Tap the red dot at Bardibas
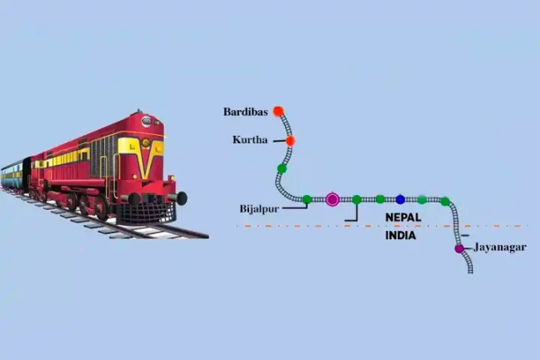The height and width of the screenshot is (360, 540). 278,111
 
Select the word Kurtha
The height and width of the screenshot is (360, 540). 250,140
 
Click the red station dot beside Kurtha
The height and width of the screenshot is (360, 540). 290,141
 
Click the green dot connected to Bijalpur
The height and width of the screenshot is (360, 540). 307,199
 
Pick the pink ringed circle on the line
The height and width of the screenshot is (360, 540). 332,199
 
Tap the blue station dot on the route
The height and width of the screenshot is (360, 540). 401,199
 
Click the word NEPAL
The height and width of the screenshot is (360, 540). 404,217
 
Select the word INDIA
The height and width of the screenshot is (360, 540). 400,236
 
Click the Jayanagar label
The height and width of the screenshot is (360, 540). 499,247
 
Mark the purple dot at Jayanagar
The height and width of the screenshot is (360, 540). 459,248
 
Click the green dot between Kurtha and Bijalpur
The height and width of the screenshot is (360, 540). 282,168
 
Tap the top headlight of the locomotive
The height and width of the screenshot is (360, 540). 147,122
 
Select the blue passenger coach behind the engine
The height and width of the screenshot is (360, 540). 12,176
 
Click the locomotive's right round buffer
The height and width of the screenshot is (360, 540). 181,197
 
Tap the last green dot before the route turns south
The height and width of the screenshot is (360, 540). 445,201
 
